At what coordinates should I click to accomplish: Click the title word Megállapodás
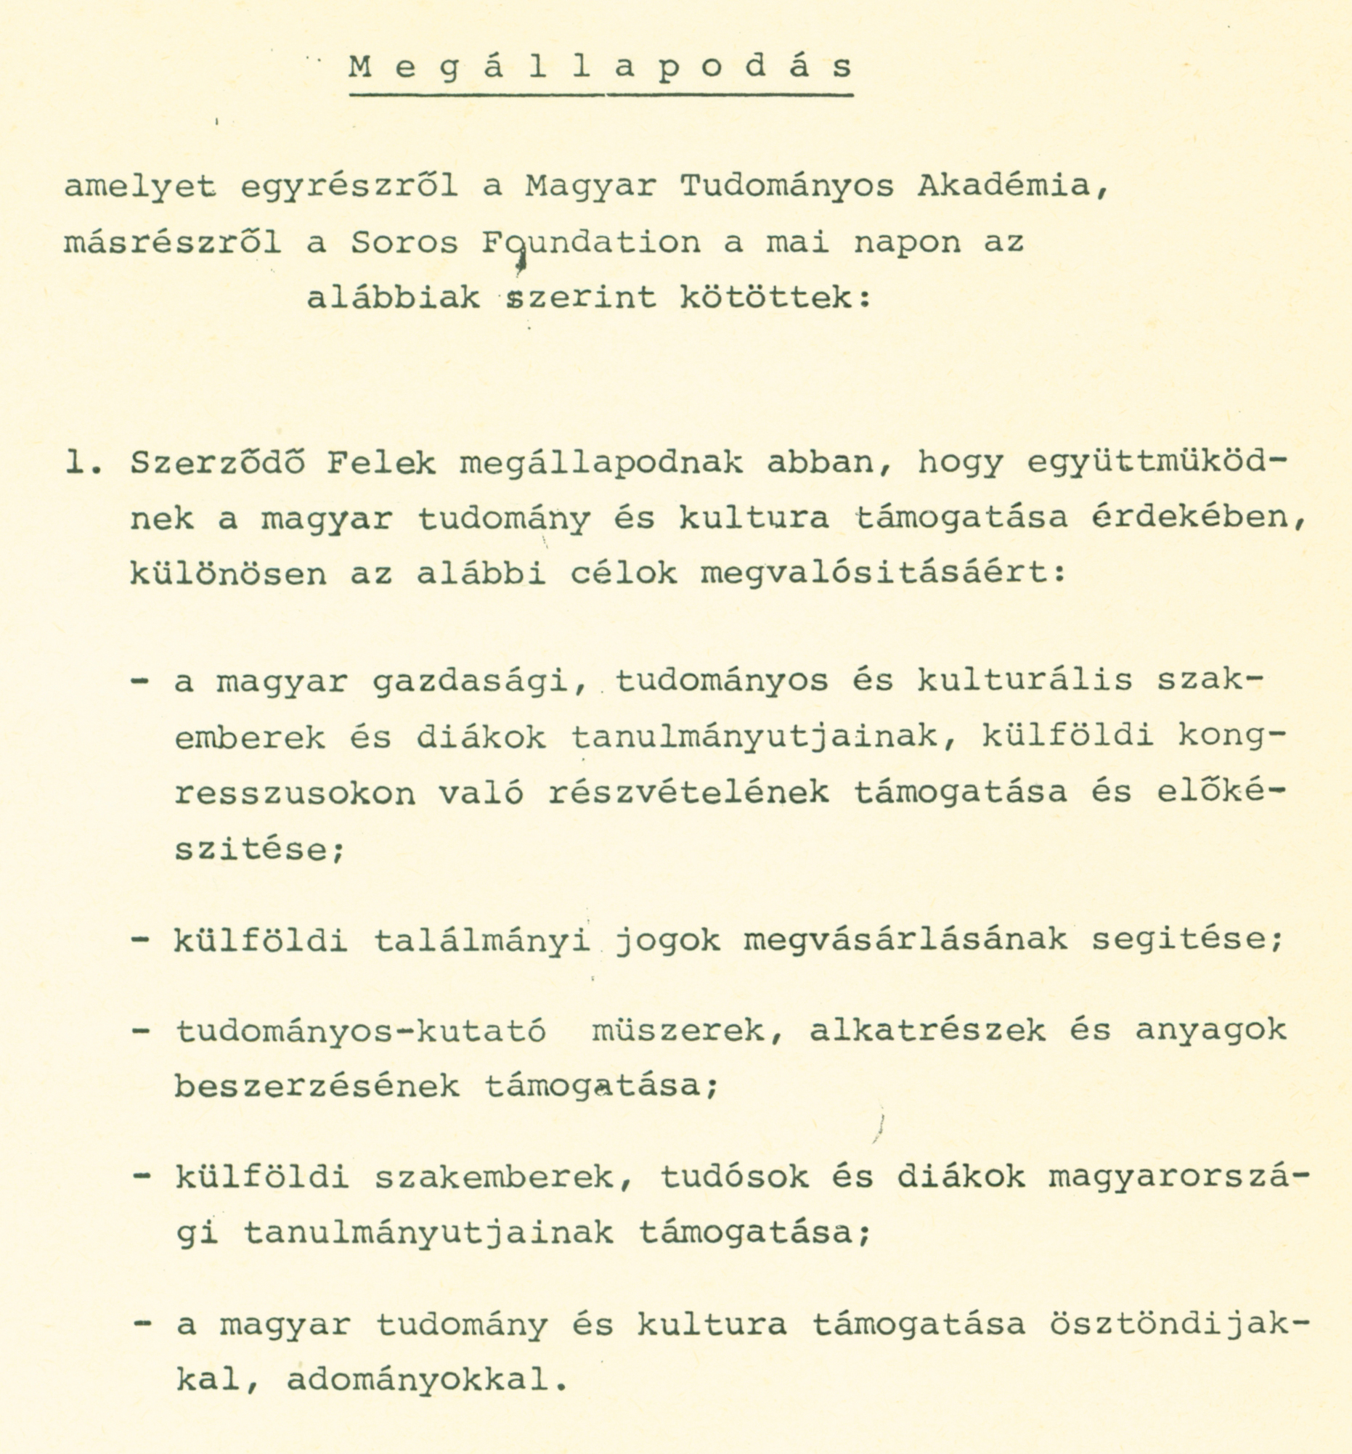pos(600,68)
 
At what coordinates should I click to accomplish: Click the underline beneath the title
pos(600,95)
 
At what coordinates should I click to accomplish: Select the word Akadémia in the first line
pos(1012,187)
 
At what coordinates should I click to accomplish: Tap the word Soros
pos(404,242)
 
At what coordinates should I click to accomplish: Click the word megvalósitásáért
pos(883,574)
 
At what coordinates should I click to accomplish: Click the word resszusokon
pos(296,793)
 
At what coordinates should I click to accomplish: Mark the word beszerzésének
pos(317,1087)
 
